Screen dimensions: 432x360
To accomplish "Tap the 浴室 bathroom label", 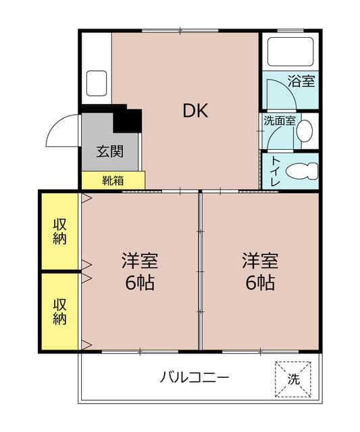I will click(301, 82).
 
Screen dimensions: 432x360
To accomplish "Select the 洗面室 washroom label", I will click(279, 122).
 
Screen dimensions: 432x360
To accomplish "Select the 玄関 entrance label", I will click(109, 151).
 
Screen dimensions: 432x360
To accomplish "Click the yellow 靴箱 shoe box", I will click(113, 180).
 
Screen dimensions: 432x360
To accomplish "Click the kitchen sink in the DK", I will click(95, 83).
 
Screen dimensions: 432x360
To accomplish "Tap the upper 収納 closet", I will click(60, 232).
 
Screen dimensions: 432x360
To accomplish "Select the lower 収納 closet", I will click(60, 311).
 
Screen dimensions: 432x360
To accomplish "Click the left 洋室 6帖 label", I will click(140, 271).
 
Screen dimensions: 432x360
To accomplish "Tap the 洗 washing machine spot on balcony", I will click(294, 379).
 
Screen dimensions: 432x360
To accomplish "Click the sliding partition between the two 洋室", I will click(200, 270).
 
